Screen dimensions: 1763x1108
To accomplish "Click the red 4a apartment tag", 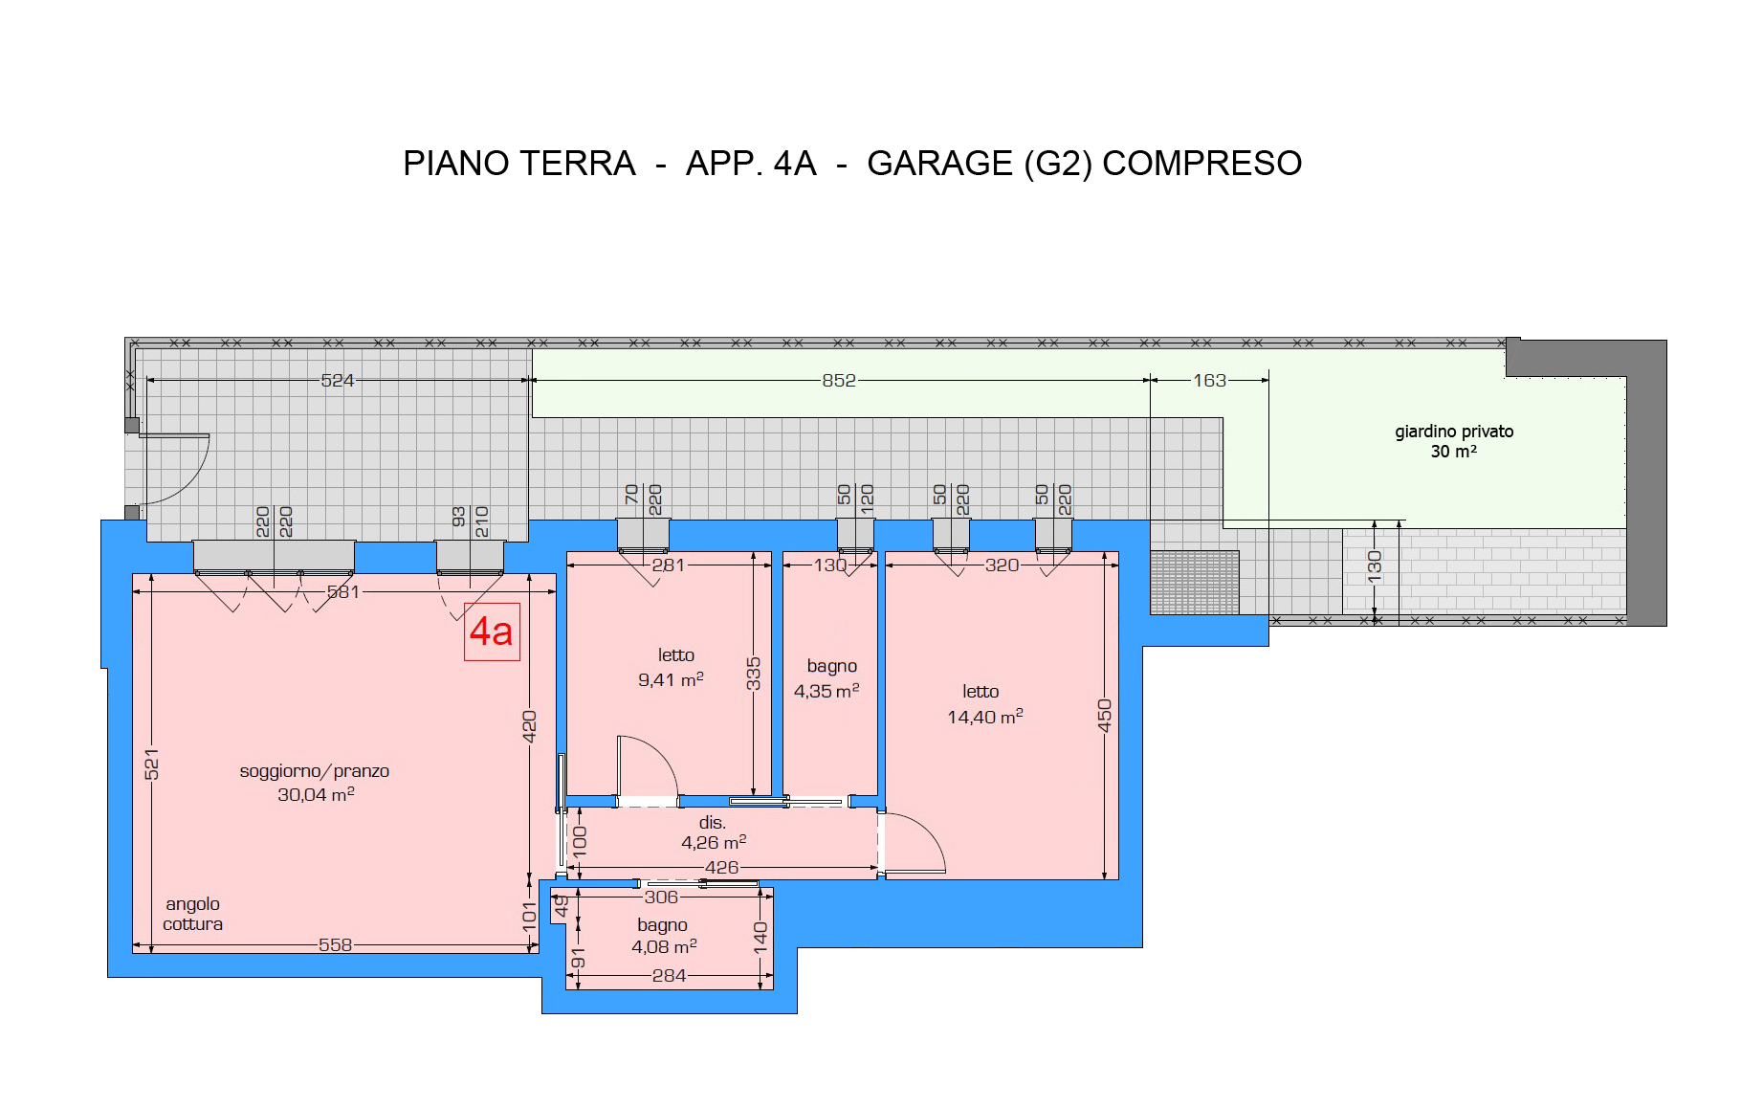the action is (492, 632).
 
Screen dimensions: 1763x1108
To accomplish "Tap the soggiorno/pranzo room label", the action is (315, 771).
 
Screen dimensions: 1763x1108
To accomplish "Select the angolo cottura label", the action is (193, 914).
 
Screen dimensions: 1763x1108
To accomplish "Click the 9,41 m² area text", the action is (671, 679).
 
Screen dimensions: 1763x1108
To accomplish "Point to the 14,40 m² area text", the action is (985, 717).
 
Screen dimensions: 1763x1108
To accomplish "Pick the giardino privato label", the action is (1454, 432).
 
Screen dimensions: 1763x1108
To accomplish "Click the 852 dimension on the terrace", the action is (839, 380).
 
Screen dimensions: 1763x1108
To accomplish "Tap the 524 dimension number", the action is (338, 380).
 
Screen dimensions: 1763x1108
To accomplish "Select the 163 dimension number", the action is (1209, 380).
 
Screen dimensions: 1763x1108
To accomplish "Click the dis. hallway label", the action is (713, 823).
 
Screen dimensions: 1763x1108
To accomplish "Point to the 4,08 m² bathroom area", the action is (664, 946).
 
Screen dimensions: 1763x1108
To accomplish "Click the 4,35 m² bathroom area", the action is (826, 691).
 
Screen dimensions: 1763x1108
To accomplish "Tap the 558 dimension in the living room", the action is (336, 944).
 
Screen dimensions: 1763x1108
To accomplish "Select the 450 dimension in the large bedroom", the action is (1105, 716).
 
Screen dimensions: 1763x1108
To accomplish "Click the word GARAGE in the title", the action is (939, 164).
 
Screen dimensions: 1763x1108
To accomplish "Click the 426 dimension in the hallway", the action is (721, 867).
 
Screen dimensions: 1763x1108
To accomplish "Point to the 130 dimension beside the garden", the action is (1375, 566).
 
